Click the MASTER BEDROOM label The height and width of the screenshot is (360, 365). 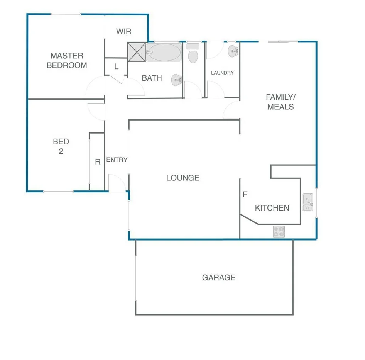pos(67,61)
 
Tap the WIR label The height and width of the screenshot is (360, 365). pos(124,32)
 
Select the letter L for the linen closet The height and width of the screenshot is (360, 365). pos(116,67)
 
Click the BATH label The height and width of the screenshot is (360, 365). pos(152,78)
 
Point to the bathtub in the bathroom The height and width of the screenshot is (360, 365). pos(164,52)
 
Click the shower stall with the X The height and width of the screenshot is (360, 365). pos(137,52)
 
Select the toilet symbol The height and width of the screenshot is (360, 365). pos(193,54)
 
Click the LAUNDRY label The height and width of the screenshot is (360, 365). pos(222,73)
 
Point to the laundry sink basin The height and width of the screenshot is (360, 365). pos(233,51)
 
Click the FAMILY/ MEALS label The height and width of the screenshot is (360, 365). pos(281,102)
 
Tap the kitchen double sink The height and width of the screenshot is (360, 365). pos(308,202)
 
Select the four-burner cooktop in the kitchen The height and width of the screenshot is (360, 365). pos(279,231)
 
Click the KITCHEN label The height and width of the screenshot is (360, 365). pos(272,208)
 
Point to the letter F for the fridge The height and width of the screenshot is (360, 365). pos(245,195)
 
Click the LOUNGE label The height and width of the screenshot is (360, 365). pos(183,178)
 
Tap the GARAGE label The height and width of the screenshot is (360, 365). pos(219,277)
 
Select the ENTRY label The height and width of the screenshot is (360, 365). pos(117,160)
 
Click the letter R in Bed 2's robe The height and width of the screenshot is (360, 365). pos(98,162)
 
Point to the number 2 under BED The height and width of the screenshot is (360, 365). pos(61,151)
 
